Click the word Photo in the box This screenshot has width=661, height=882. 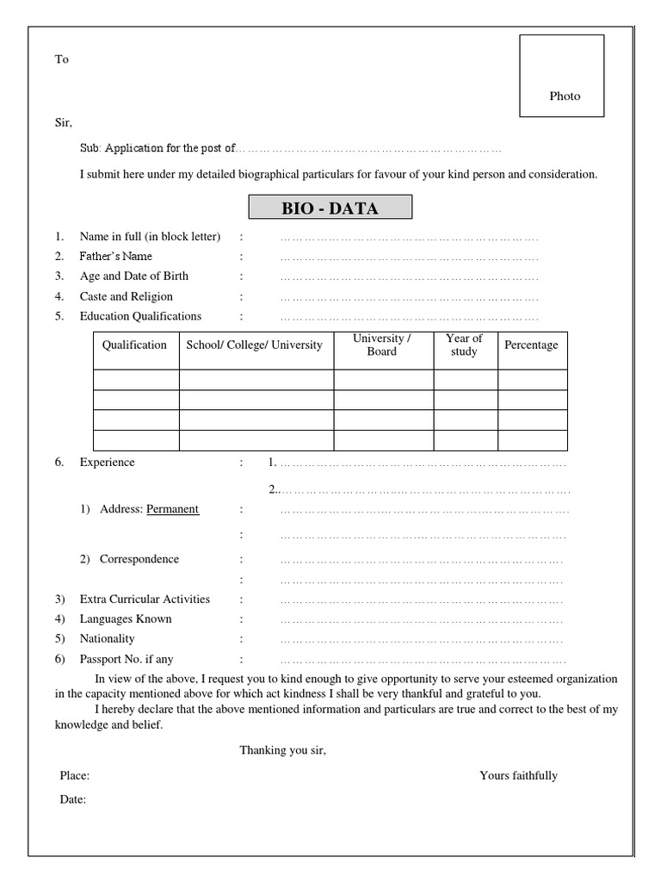565,96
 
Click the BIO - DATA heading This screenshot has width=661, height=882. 330,208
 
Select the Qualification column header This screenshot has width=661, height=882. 134,345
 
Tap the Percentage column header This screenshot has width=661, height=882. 531,345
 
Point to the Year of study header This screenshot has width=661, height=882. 464,345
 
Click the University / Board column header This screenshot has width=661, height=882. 382,345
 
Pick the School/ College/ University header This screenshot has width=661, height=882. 255,345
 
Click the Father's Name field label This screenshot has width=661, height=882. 115,257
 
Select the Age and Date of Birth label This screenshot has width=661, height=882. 133,276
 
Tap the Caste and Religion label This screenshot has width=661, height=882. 126,296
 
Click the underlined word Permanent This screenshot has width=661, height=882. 172,509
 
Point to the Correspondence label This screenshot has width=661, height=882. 139,559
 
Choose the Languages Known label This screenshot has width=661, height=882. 126,619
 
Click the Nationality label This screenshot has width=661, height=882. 108,639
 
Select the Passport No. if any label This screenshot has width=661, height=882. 127,659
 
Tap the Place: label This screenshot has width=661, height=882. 75,776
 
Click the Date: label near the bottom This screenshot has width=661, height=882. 73,800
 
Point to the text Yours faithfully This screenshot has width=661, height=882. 518,776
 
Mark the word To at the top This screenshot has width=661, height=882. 62,60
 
